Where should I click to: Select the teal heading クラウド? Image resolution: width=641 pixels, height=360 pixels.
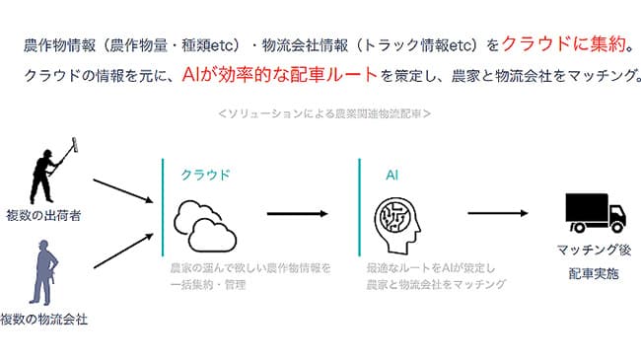point(205,175)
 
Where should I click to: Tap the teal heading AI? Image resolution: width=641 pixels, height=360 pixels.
point(392,175)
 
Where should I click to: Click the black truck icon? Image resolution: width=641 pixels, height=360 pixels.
point(595,212)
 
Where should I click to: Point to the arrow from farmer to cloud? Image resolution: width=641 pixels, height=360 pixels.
point(123,191)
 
